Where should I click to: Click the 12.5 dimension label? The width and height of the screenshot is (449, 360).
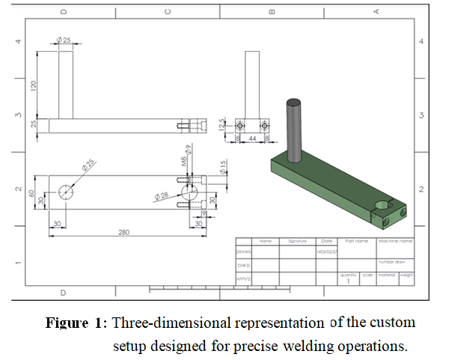tap(222, 125)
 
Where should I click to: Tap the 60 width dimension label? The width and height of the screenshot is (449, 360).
tap(31, 193)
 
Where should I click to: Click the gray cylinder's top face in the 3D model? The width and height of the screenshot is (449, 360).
tap(293, 102)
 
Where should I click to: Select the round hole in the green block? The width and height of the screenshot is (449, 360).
tap(382, 203)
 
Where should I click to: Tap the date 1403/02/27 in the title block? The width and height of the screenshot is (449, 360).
tap(326, 252)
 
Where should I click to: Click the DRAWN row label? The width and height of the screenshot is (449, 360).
tap(244, 252)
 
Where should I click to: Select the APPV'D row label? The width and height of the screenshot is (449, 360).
tap(244, 278)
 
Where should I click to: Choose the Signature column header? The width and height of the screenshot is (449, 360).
tap(297, 241)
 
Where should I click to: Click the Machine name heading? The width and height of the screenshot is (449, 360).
tap(396, 241)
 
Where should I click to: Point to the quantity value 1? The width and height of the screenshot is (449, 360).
tap(348, 281)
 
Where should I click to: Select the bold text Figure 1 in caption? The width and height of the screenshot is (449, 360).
tap(75, 323)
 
